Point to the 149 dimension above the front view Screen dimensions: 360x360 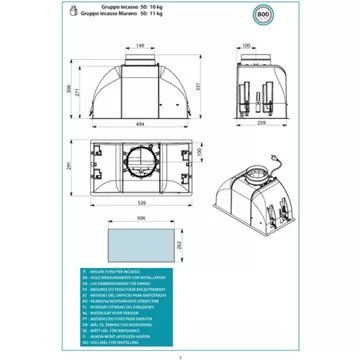click(141, 45)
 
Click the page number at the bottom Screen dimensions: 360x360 click(180, 355)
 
